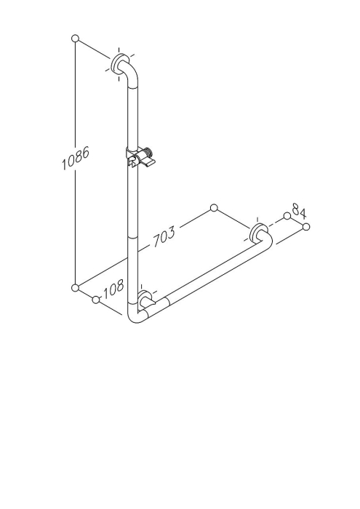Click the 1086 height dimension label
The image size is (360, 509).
(x=76, y=159)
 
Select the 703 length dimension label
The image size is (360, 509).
(x=164, y=236)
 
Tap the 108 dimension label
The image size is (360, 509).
(x=113, y=288)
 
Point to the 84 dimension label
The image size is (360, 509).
(x=299, y=210)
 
